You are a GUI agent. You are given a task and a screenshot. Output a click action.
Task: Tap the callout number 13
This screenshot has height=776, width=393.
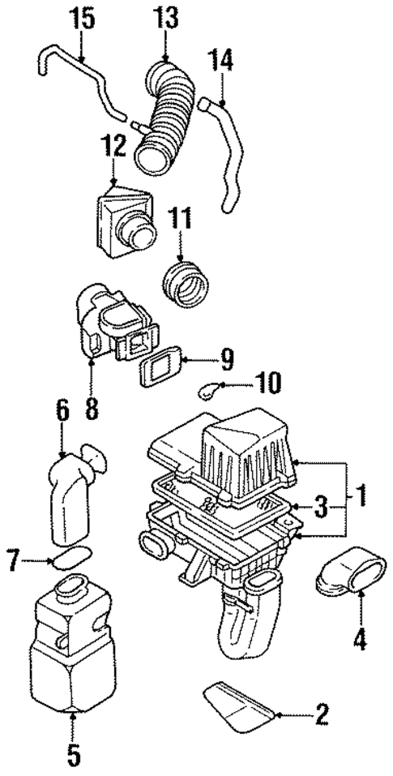(x=167, y=17)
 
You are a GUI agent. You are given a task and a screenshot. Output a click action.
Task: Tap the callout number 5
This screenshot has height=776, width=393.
(x=74, y=756)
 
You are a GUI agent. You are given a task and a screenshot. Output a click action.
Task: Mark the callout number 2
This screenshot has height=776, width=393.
(x=322, y=714)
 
